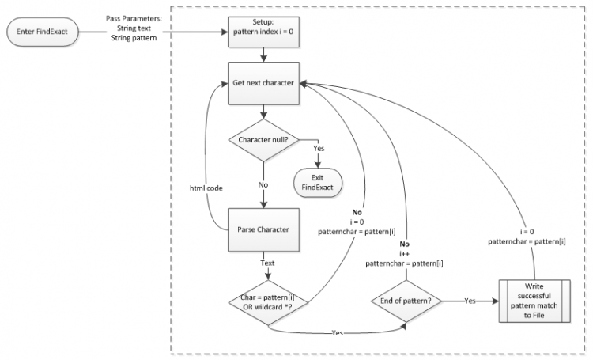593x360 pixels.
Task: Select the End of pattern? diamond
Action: point(405,301)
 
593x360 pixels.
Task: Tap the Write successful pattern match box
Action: point(535,301)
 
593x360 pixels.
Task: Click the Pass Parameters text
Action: point(134,18)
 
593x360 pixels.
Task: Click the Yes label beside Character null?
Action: point(319,148)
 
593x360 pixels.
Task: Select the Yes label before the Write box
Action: point(470,301)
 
